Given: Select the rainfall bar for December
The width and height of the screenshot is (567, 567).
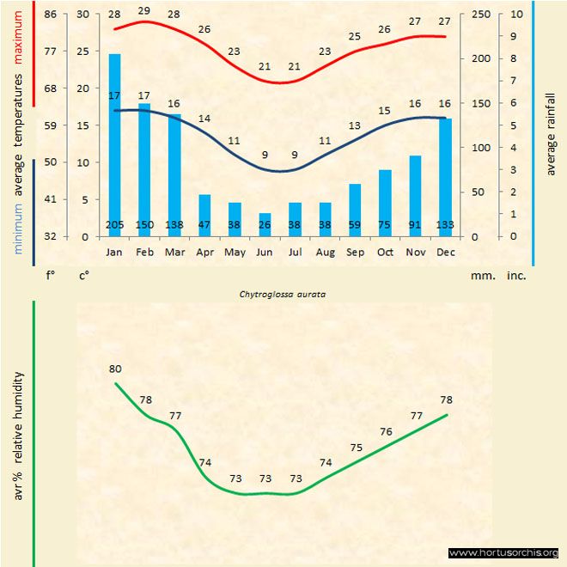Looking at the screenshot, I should coord(445,176).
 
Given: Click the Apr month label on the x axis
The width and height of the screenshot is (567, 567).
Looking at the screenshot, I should coord(204,253).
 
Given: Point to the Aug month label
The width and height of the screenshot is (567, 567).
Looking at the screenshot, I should coord(325,253).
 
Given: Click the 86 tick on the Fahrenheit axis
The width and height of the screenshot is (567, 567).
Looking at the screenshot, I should coord(51,15).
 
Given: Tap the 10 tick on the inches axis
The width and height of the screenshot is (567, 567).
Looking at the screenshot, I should coord(515,15).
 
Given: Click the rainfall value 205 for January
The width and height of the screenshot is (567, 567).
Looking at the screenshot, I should coord(114,225).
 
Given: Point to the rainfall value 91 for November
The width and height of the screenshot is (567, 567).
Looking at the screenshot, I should coord(415,225).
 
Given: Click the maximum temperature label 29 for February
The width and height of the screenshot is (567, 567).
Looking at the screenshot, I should coord(144,11).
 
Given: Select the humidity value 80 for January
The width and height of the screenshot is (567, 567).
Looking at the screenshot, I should coord(115,369).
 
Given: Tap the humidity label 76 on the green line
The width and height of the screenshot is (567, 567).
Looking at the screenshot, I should coord(386,432).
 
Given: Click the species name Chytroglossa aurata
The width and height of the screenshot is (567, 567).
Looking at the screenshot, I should coord(286,293).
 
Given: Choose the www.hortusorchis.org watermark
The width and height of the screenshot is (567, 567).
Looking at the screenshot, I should coord(504,552).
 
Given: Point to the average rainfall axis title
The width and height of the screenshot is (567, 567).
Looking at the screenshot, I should coord(551,133).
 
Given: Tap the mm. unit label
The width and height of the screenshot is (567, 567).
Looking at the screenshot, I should coord(482,277).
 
